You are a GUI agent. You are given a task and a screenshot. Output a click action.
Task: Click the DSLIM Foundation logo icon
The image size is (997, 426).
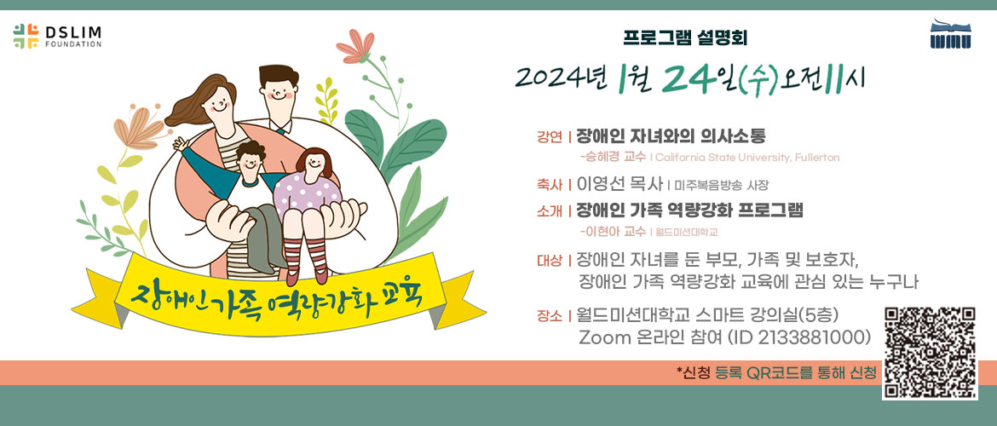coord(26,37)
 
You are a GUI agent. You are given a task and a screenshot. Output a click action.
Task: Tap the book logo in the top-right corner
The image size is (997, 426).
coord(951,34)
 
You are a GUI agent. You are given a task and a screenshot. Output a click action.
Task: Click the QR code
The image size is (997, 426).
coord(930,353)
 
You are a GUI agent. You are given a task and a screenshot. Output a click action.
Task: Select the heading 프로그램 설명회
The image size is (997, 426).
coord(685,38)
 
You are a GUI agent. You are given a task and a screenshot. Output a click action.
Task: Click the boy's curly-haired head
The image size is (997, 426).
coord(249,159)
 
